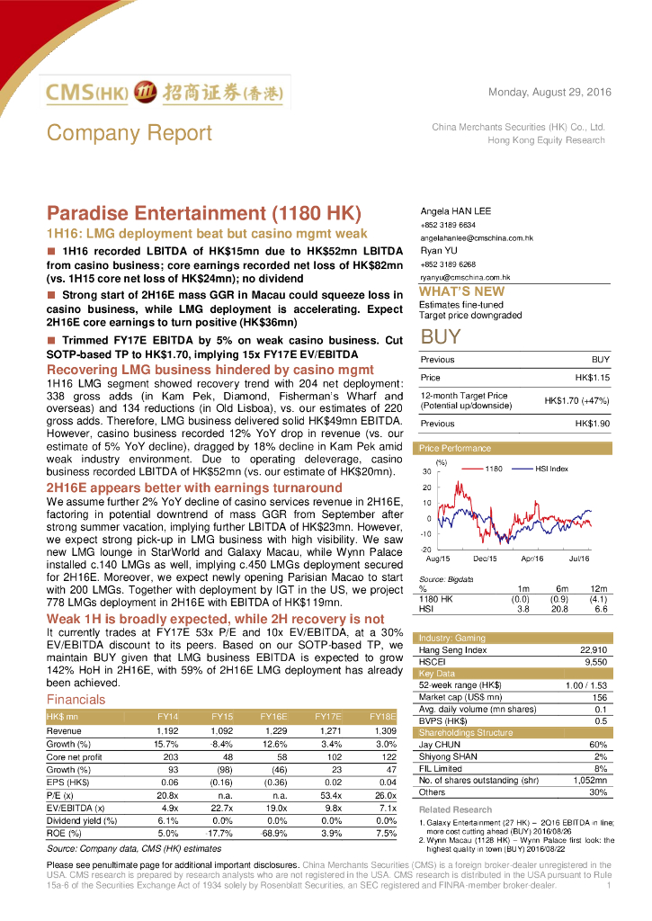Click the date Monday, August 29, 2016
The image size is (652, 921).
549,93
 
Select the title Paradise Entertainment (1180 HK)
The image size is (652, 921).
203,213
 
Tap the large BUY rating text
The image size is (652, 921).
441,337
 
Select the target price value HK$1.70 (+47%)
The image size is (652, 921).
576,400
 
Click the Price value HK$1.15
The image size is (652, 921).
592,378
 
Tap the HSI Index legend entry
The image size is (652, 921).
551,469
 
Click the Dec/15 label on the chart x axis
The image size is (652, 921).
485,559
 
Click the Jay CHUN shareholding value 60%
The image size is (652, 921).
598,745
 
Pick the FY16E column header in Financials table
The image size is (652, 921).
273,716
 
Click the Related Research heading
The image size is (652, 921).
455,809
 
